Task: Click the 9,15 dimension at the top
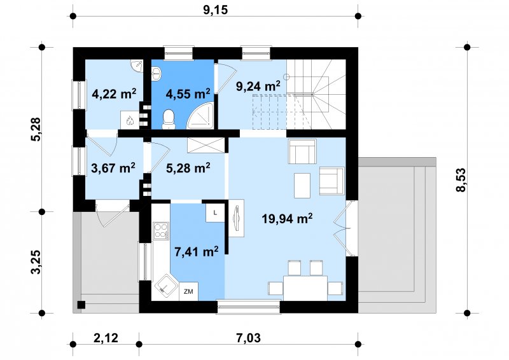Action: [x=216, y=10]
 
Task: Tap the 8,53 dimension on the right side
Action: [x=461, y=180]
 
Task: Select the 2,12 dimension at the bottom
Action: [x=106, y=338]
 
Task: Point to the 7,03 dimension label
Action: [x=248, y=338]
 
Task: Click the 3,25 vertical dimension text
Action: [x=36, y=262]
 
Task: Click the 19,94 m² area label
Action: [x=288, y=218]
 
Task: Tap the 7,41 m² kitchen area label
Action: [x=196, y=251]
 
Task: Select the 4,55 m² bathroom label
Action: [x=188, y=93]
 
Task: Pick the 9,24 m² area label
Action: [x=258, y=87]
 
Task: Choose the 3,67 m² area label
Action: [x=113, y=168]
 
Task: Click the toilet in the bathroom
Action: [x=169, y=119]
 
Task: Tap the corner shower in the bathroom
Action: [x=201, y=115]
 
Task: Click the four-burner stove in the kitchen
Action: [x=162, y=231]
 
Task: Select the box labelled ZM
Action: [x=188, y=291]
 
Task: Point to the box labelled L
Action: [x=215, y=213]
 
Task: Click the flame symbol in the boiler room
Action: [x=130, y=121]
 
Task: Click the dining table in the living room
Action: [x=305, y=288]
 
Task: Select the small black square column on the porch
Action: [x=81, y=305]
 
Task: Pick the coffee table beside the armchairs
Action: [x=302, y=185]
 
